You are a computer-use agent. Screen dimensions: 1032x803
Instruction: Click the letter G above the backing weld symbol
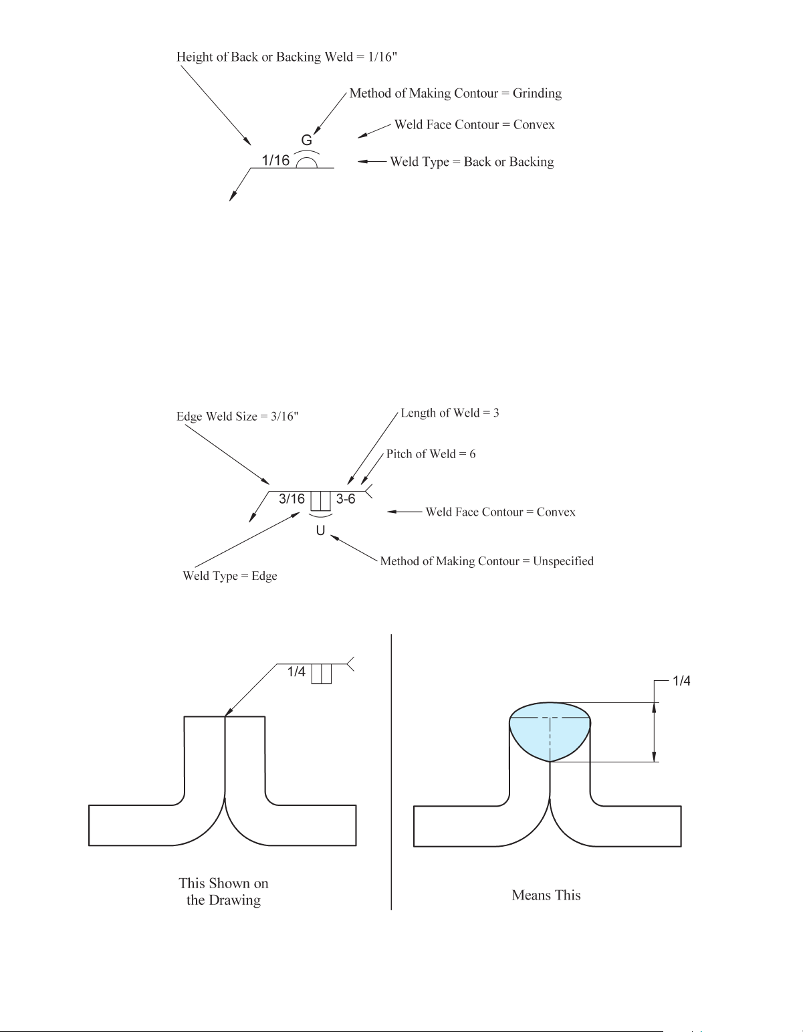[x=307, y=140]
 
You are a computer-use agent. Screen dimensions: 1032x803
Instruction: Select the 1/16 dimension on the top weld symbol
[x=275, y=160]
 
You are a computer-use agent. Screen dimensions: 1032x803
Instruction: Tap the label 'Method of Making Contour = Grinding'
[x=455, y=93]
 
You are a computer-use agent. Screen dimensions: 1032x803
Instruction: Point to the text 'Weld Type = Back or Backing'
[x=472, y=162]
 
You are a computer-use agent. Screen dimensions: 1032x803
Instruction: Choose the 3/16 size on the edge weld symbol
[x=292, y=499]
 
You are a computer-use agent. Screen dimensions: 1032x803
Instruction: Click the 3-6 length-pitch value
[x=346, y=499]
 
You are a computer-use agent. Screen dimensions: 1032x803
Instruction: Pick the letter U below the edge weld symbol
[x=321, y=530]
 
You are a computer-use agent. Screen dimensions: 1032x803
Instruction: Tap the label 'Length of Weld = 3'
[x=450, y=413]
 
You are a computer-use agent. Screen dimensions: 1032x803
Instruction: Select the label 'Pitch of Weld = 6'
[x=431, y=454]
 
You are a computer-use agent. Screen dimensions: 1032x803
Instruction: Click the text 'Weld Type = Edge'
[x=230, y=576]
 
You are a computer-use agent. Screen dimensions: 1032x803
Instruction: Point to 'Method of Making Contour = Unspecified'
[x=487, y=561]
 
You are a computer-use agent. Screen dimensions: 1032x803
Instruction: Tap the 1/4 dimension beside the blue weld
[x=681, y=681]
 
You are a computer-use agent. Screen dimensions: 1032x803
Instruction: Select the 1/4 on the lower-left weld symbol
[x=296, y=672]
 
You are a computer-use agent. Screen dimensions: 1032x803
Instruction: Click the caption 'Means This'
[x=546, y=895]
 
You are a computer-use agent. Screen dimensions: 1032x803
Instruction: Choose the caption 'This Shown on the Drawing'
[x=223, y=892]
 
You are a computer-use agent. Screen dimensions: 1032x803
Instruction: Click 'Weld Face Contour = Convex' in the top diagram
[x=474, y=125]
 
